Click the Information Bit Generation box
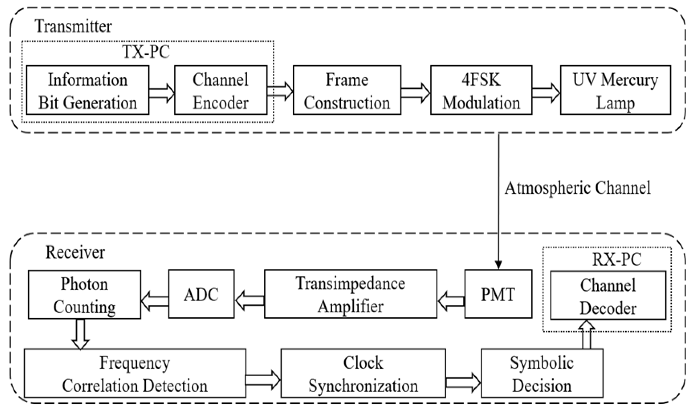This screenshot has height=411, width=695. pos(88,90)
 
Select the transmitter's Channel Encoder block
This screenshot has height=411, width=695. pos(220,90)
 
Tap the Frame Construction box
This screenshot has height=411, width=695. pos(347,90)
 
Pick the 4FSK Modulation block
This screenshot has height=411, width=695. pos(481,90)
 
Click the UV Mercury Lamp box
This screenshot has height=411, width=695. pos(615,90)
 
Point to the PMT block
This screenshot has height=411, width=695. pos(498,294)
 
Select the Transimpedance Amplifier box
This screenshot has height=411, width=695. pos(350,294)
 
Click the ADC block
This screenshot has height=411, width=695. pos(201,294)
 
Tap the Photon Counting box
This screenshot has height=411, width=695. pos(84,295)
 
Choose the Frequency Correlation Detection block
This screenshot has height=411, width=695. pos(135,373)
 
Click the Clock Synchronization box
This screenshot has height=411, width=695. pos(363,373)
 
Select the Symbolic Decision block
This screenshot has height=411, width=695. pos(542,373)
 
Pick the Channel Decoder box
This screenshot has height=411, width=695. pos(608,295)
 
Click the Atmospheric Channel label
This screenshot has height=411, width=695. pos(577,188)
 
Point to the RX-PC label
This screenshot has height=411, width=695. pos(617,259)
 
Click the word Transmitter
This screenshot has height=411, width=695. pos(73,26)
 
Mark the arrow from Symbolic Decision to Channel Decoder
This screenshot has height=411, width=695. pos(586,334)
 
